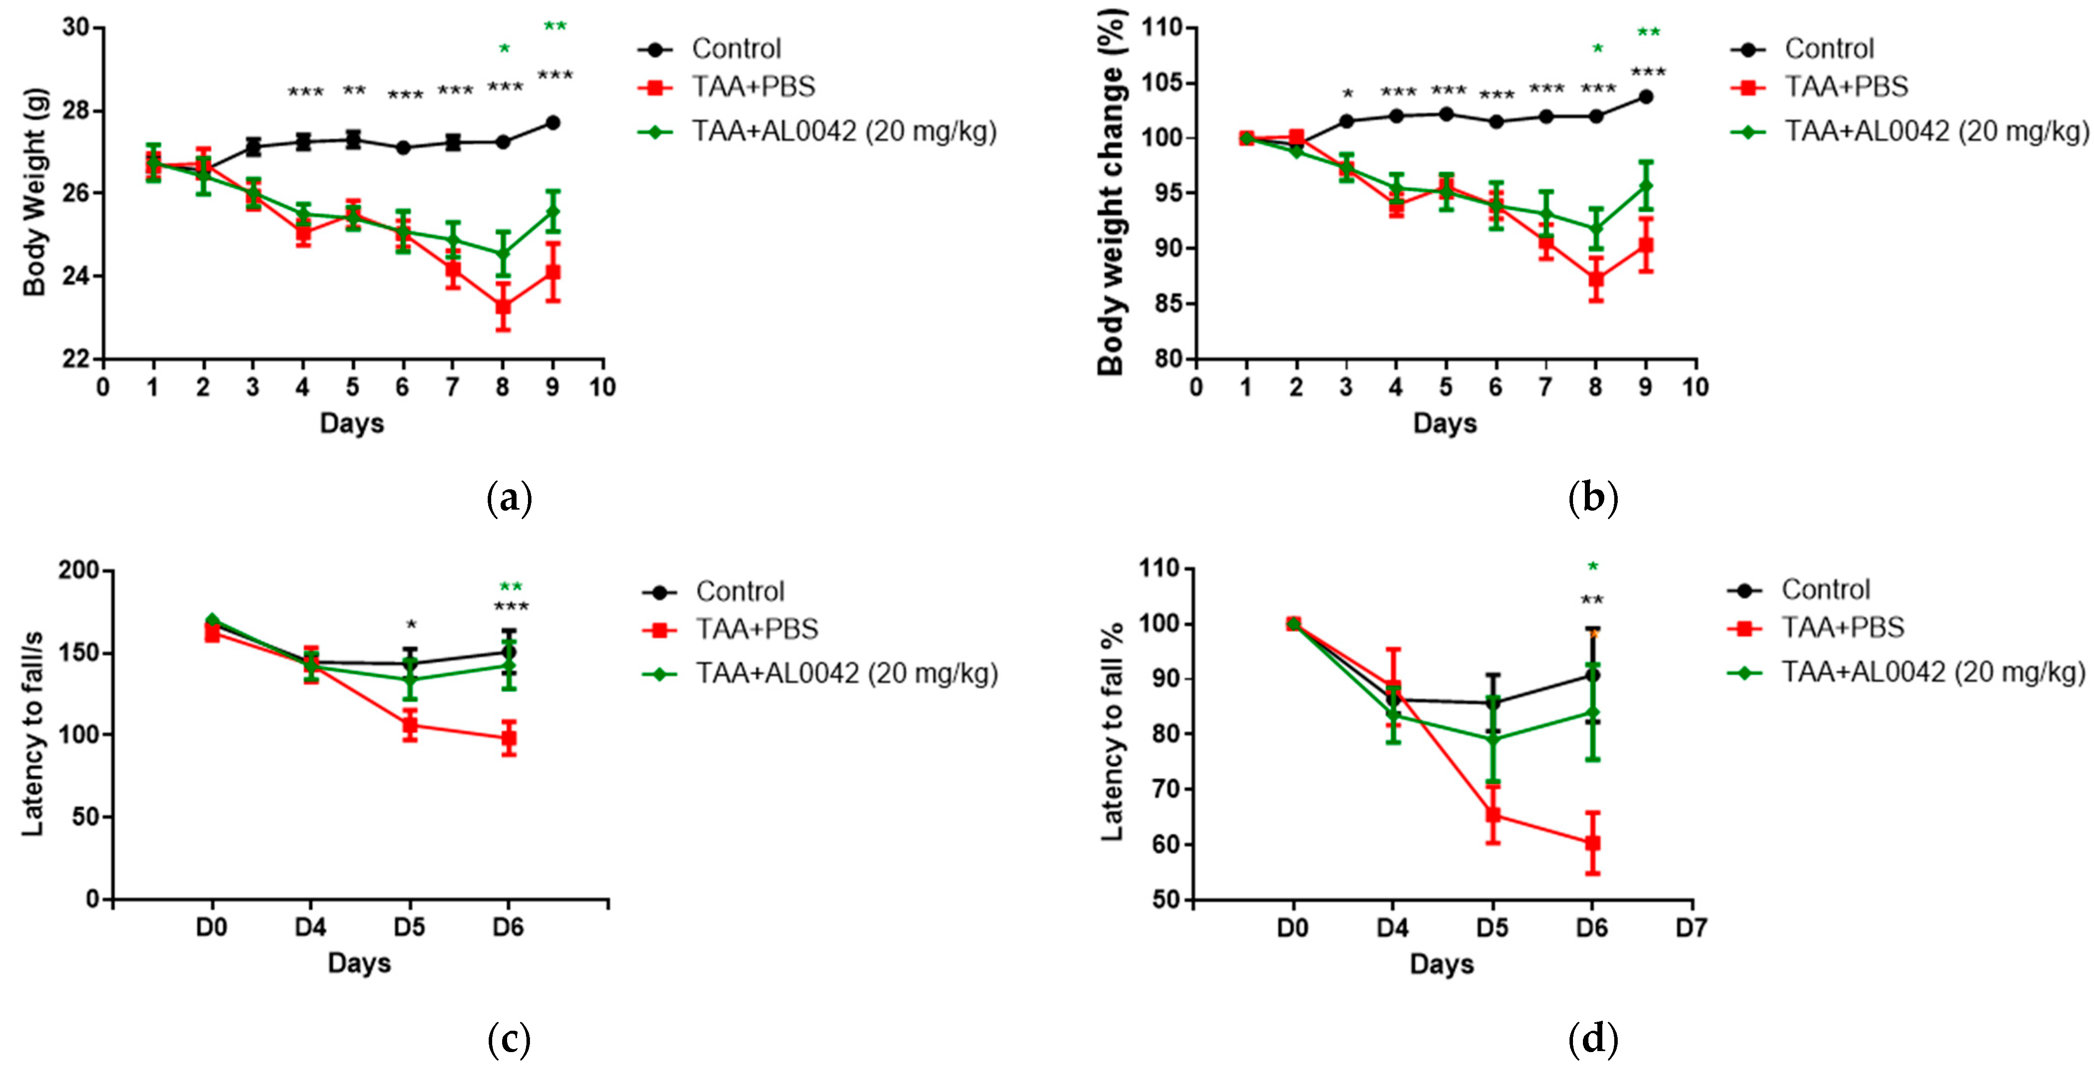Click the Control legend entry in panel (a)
click(x=736, y=49)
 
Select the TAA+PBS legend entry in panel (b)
click(x=1845, y=86)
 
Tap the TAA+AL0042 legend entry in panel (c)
click(x=845, y=673)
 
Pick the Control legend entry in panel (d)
click(x=1825, y=589)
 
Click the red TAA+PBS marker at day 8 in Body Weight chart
click(x=503, y=306)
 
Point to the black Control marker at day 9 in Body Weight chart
click(x=553, y=123)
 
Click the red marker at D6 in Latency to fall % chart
click(x=1592, y=843)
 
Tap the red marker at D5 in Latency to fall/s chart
click(x=411, y=725)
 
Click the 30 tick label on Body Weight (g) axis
click(x=76, y=28)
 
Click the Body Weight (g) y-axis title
click(x=34, y=192)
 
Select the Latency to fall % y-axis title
click(x=1112, y=731)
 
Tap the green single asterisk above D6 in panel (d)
click(x=1592, y=567)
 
